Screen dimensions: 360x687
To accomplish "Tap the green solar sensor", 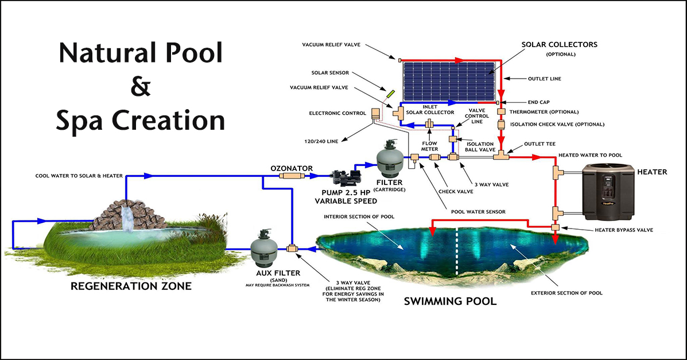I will (x=390, y=93).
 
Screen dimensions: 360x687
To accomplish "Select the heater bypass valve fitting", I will (x=556, y=229).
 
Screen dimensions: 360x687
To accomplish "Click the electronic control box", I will (x=377, y=113).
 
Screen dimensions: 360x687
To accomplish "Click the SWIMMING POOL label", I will (x=450, y=301).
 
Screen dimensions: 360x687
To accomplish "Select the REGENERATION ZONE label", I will (x=131, y=285).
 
